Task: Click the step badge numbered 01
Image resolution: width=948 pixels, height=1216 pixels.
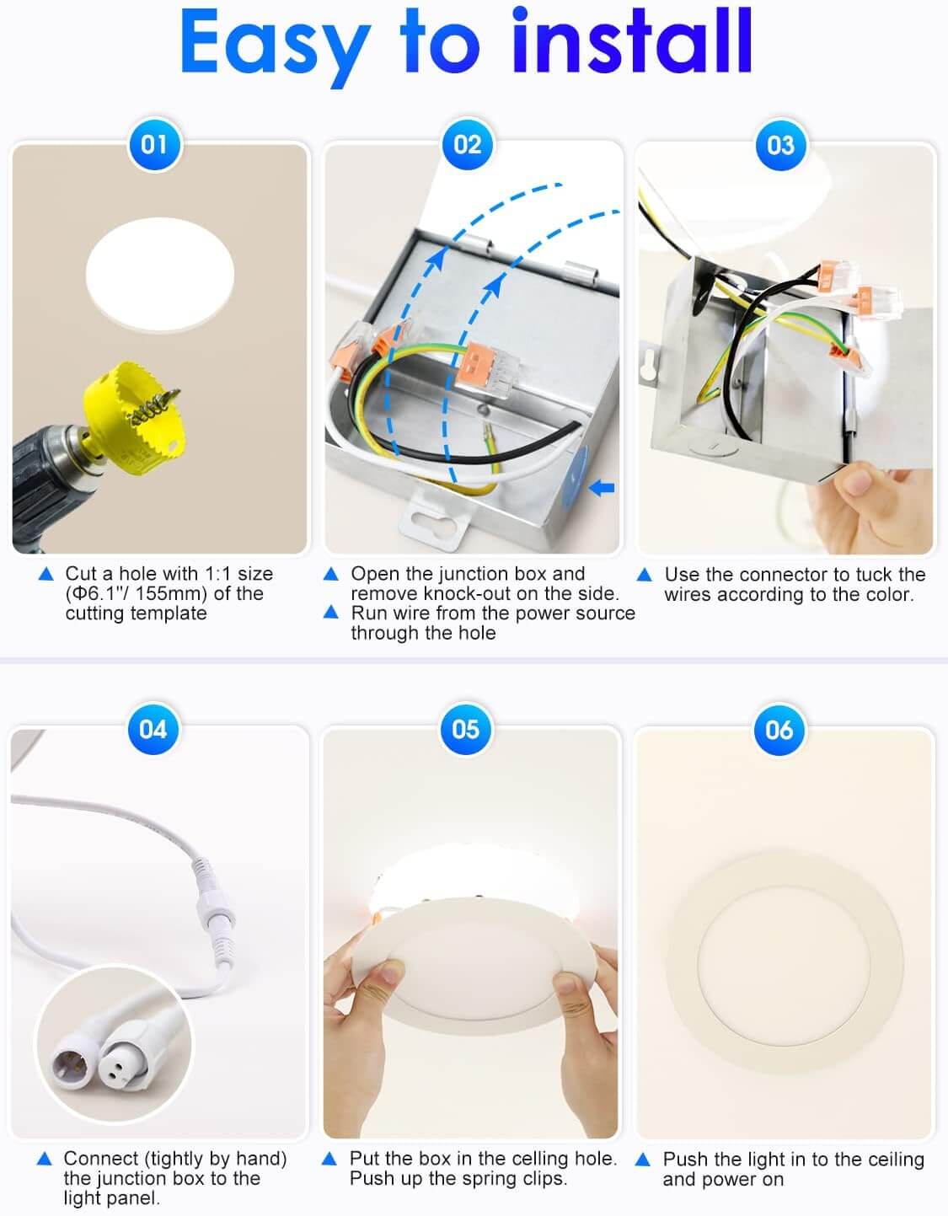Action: point(153,144)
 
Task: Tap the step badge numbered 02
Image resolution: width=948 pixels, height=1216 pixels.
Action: point(467,144)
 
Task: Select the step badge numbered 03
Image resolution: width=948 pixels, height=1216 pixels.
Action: point(779,144)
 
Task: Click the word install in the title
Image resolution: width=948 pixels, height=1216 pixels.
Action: point(631,42)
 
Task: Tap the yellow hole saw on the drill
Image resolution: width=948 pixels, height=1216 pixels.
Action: point(135,413)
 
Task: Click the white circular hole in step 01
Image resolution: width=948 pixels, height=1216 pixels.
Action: point(159,275)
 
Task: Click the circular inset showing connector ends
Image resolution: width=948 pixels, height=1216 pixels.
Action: point(115,1045)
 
